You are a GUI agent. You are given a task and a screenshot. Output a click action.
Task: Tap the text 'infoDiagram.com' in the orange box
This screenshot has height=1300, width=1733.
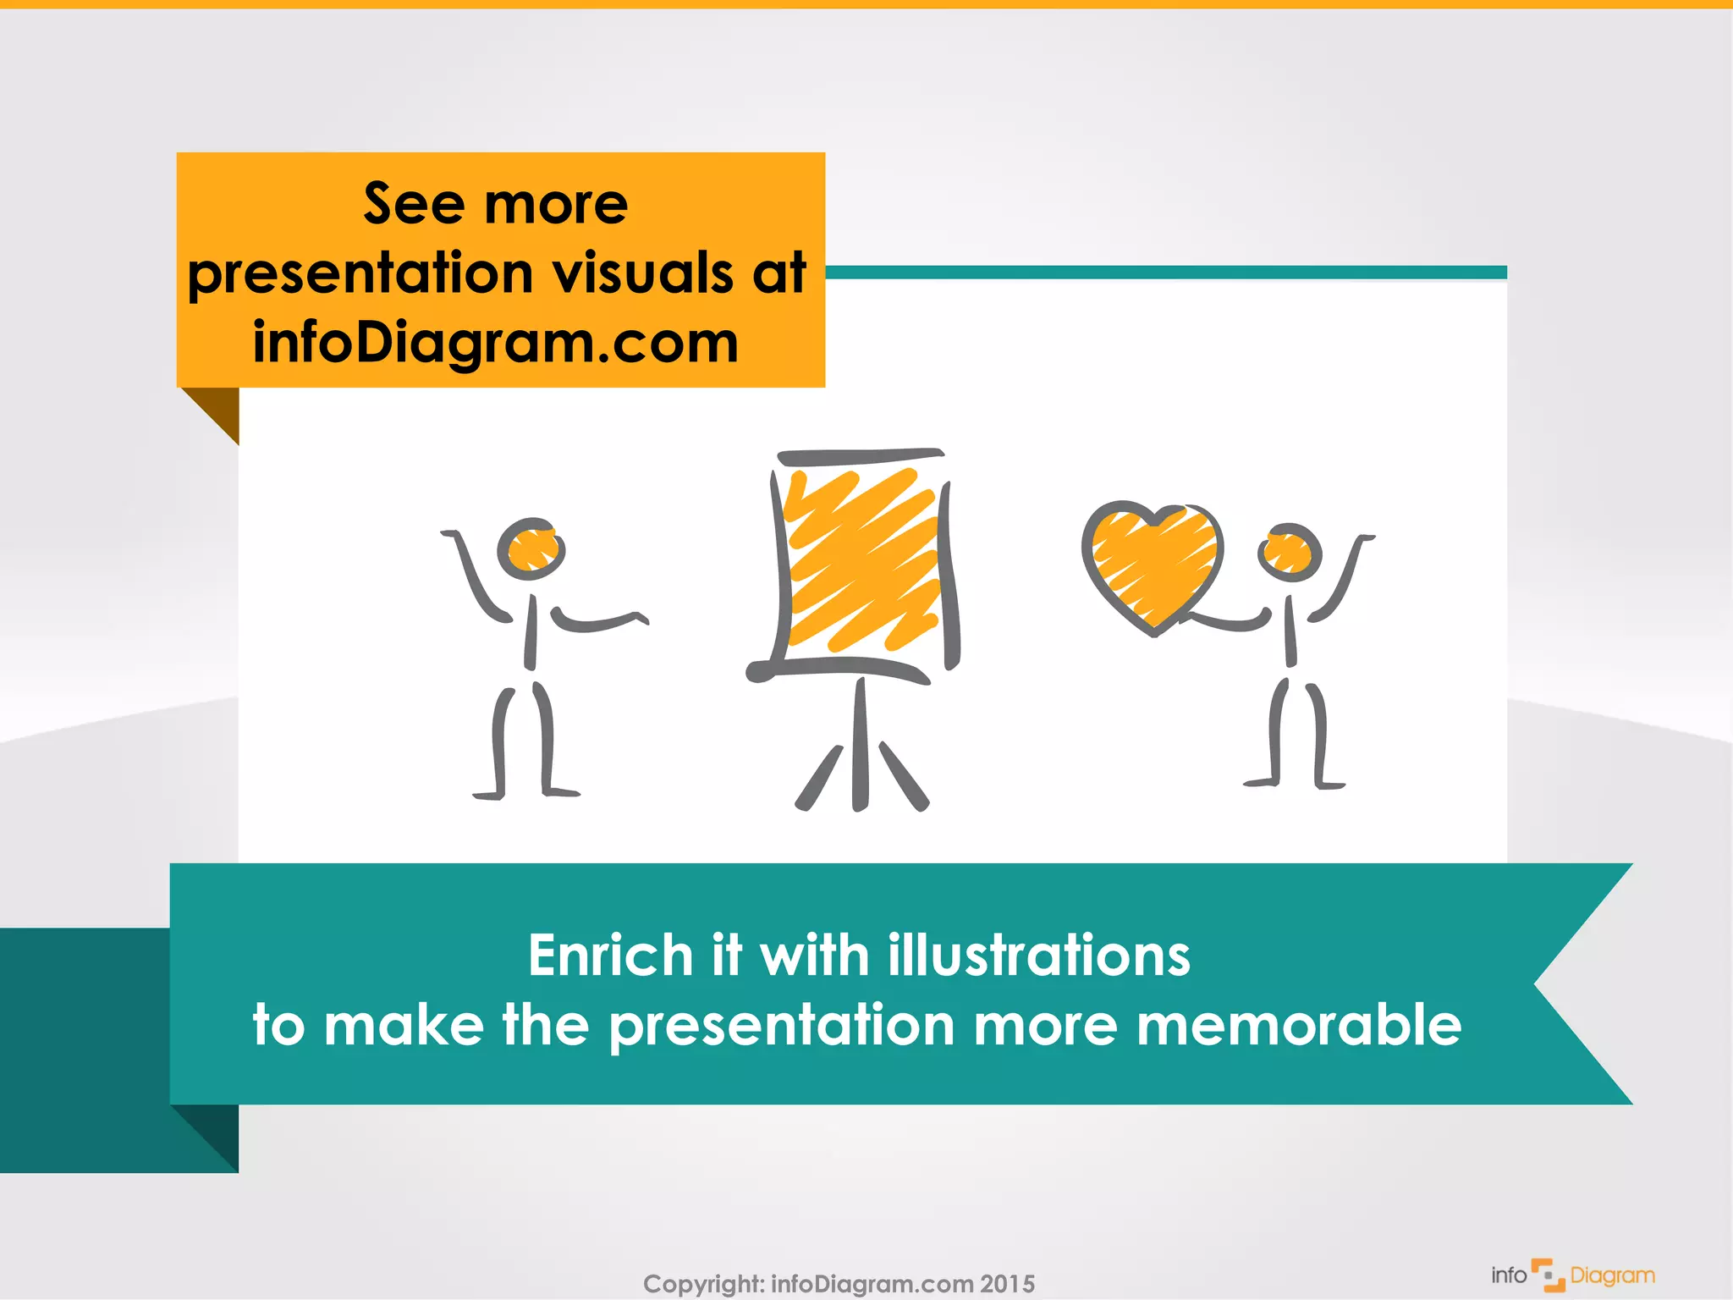[x=496, y=343]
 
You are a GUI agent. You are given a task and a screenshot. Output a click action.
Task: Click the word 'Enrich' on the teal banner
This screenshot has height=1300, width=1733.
[x=610, y=956]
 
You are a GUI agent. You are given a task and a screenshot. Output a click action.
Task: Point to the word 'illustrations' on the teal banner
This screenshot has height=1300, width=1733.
[x=1038, y=956]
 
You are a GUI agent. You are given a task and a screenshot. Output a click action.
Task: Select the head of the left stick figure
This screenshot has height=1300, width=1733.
[x=531, y=548]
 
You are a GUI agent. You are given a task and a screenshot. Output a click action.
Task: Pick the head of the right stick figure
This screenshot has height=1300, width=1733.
[x=1289, y=552]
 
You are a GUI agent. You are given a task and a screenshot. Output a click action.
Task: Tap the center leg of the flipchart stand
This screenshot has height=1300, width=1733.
[x=860, y=745]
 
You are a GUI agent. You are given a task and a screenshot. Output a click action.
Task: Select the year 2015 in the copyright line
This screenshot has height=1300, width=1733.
[x=1007, y=1284]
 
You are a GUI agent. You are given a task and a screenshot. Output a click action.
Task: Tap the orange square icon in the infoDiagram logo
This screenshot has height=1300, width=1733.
[x=1549, y=1275]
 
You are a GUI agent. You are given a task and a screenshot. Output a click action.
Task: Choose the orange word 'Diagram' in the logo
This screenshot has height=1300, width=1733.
[x=1612, y=1275]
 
